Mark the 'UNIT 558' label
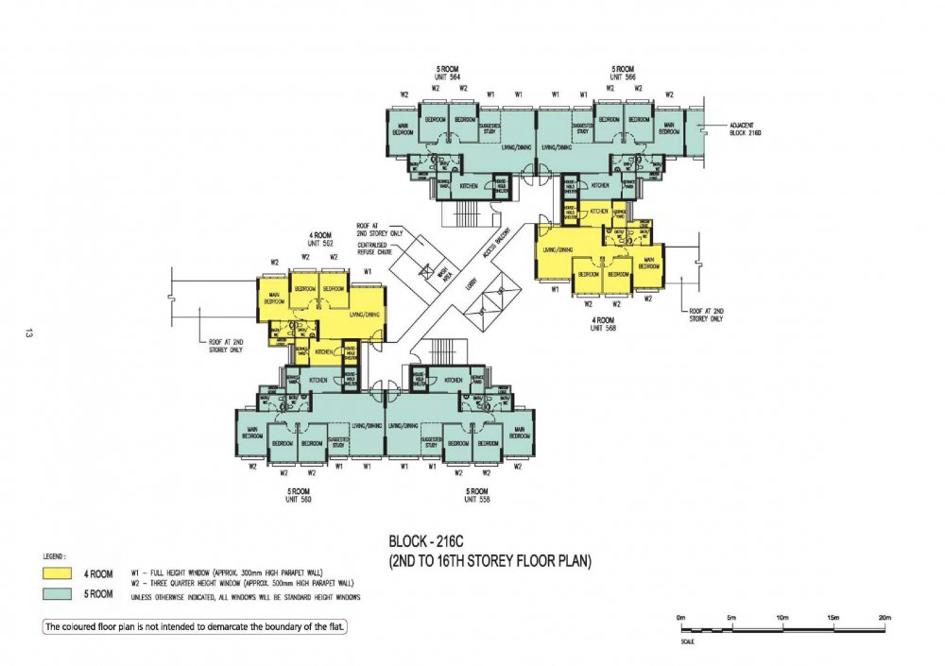(x=476, y=499)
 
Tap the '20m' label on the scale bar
(x=883, y=618)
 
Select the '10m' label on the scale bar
(x=782, y=618)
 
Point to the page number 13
(x=30, y=333)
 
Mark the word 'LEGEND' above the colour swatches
(x=56, y=556)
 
